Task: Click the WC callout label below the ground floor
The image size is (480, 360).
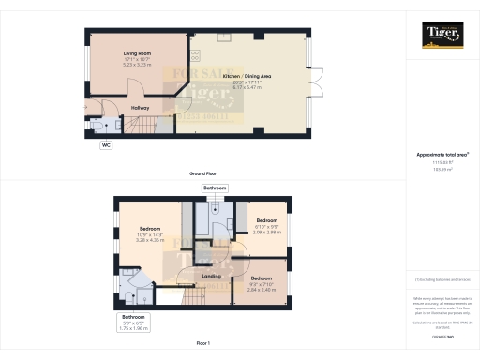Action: (105, 145)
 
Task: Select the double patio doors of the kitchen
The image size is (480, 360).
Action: (319, 83)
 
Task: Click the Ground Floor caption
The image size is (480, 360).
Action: (203, 174)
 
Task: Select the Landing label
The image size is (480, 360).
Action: (212, 277)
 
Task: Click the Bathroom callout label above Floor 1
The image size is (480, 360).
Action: (214, 187)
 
